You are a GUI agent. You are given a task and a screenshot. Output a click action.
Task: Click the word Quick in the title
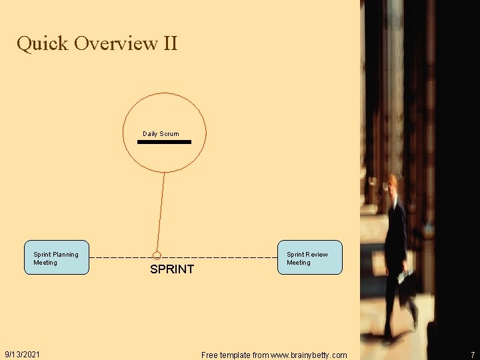click(x=43, y=44)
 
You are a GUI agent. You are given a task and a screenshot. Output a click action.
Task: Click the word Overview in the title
click(x=115, y=44)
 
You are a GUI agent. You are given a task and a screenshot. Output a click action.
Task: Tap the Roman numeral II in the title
click(x=169, y=44)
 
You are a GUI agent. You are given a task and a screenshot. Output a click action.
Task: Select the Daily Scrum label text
click(x=161, y=134)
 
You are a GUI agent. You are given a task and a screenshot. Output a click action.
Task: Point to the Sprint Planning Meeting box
click(x=57, y=257)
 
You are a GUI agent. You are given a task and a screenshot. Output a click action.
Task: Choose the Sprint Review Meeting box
click(x=310, y=257)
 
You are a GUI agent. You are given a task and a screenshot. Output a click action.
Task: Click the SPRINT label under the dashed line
click(x=172, y=269)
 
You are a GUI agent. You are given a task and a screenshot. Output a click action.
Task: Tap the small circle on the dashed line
click(x=157, y=255)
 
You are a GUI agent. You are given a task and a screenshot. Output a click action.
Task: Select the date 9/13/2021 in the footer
click(x=22, y=354)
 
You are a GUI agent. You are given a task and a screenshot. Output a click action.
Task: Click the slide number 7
click(x=472, y=355)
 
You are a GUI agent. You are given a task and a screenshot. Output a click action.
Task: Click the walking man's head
click(x=395, y=184)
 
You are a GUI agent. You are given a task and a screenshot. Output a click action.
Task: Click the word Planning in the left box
click(x=65, y=254)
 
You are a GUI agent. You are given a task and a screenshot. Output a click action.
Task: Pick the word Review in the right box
click(x=317, y=254)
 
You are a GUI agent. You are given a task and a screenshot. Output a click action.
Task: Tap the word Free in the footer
click(x=209, y=355)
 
